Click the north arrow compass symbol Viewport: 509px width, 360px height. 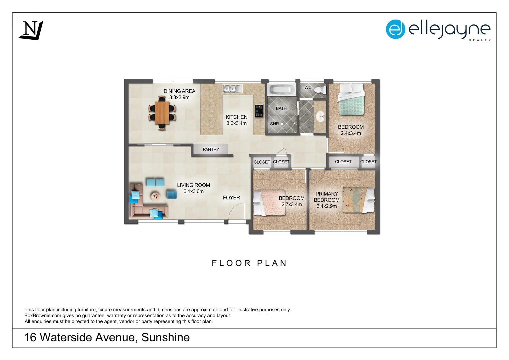[x=31, y=30]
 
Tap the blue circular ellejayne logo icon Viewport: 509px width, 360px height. [x=395, y=29]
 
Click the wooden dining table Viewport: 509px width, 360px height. [x=162, y=113]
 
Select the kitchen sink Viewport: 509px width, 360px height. [x=232, y=89]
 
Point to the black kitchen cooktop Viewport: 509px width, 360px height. [x=259, y=111]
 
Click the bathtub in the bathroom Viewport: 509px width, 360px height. [x=282, y=90]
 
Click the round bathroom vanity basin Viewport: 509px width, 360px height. [x=321, y=117]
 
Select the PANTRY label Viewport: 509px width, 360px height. [x=211, y=150]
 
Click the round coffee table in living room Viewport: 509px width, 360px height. [x=156, y=196]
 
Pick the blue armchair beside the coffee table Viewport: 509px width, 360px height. [x=172, y=194]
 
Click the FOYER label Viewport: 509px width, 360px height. [x=231, y=198]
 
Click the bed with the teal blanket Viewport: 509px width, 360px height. [x=351, y=100]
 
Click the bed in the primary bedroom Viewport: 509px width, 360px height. [x=358, y=200]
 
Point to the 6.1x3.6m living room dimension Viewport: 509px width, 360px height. [x=193, y=192]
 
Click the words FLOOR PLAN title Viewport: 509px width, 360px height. [x=249, y=263]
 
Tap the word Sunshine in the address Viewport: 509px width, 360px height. [x=165, y=338]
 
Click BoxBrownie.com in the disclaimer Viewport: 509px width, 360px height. [x=43, y=316]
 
